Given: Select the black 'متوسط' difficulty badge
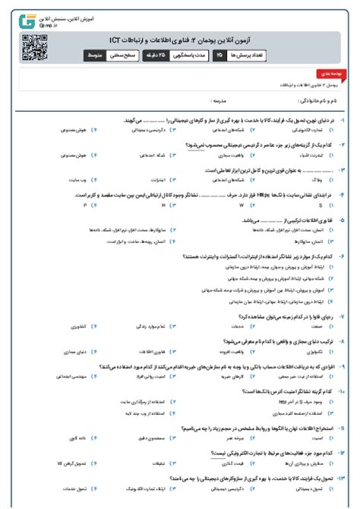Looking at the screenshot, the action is click(94, 56).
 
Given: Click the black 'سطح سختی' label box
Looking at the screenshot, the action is click(126, 56).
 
